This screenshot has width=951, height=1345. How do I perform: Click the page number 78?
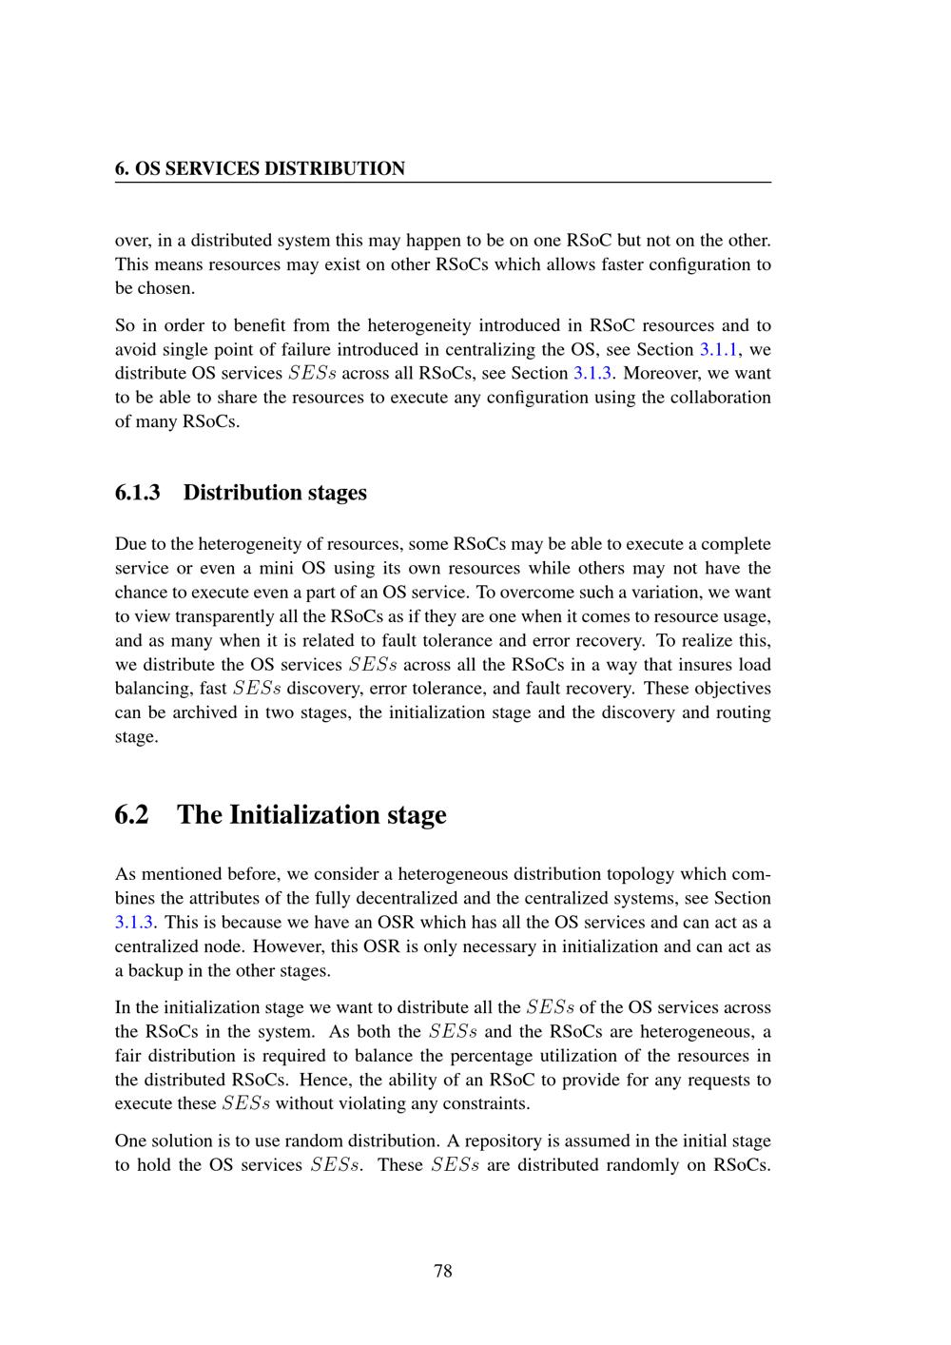pos(443,1271)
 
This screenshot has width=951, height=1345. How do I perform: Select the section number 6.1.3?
pos(137,493)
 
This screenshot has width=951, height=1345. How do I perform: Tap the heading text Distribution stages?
pos(275,493)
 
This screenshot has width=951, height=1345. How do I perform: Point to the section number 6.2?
pos(132,815)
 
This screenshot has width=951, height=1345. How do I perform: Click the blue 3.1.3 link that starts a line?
pos(134,922)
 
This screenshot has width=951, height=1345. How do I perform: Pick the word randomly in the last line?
pos(647,1165)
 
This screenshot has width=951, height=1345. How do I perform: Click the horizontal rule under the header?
pos(443,182)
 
